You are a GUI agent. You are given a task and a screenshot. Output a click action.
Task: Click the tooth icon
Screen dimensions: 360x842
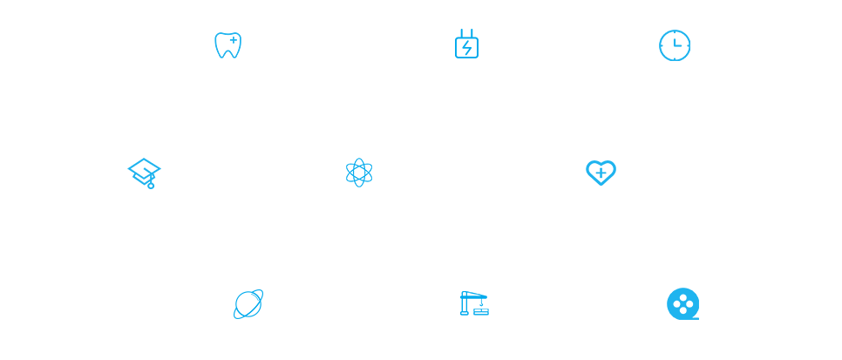tap(227, 45)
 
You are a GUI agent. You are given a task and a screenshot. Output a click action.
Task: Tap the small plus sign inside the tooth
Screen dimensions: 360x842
tap(234, 40)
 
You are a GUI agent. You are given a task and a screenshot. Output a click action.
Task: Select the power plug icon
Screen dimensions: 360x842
tap(466, 44)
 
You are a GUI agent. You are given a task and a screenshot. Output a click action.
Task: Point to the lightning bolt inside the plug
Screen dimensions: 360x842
tap(466, 48)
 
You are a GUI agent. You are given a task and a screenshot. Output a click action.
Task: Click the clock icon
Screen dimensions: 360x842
tap(675, 45)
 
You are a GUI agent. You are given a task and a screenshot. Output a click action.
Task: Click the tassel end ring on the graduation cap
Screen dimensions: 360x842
tap(151, 186)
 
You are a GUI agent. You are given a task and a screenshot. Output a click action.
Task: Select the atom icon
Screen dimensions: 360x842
tap(359, 173)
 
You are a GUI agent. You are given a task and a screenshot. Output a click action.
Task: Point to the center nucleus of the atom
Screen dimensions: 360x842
tap(359, 173)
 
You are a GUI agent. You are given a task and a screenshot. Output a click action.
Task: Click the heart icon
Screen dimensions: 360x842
tap(601, 173)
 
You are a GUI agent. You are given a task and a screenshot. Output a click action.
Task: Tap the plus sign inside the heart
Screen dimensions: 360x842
tap(601, 173)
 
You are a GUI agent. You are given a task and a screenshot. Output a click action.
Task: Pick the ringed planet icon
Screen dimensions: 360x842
tap(248, 304)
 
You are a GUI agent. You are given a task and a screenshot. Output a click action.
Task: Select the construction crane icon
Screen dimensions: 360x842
tap(473, 303)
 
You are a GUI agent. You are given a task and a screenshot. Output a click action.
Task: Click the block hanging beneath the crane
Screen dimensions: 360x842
tap(481, 311)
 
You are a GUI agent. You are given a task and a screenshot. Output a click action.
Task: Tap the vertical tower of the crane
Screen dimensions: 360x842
tap(465, 306)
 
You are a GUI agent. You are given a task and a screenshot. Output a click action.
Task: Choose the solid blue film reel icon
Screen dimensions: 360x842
tap(682, 304)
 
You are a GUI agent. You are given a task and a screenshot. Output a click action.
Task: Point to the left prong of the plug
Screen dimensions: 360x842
tap(462, 33)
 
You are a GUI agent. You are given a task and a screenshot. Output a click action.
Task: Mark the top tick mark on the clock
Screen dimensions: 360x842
tap(675, 33)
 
